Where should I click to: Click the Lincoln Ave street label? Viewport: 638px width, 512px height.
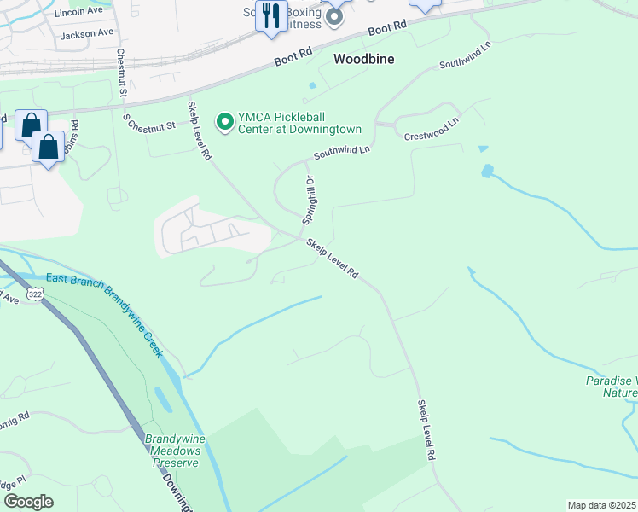tap(78, 14)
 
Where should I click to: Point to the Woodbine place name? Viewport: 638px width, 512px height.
tap(363, 60)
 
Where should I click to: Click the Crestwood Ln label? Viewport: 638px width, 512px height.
tap(431, 129)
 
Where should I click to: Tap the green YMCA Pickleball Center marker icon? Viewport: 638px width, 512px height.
tap(225, 123)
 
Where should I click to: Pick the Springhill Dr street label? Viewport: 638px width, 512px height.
tap(308, 200)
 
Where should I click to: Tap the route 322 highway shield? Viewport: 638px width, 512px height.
tap(36, 294)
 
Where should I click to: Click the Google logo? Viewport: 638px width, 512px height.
tap(28, 502)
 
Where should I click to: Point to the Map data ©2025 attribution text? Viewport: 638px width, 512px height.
tap(602, 505)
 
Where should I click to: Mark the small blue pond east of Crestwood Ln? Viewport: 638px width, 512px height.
tap(486, 171)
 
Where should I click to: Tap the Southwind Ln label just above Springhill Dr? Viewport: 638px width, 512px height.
tap(342, 152)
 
